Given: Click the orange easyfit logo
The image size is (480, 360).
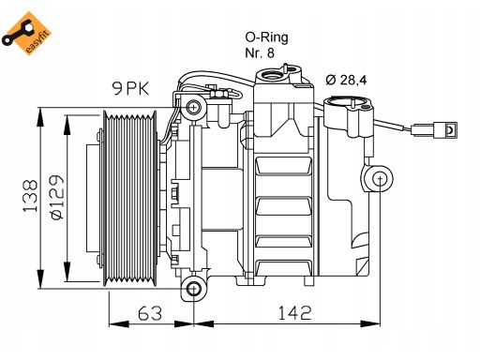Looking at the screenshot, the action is coord(26,33).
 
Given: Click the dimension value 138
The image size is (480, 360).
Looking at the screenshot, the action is coord(30,196).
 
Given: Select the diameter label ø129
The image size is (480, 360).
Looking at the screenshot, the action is coord(57,197).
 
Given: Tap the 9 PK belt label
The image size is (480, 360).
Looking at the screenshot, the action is coord(130,88).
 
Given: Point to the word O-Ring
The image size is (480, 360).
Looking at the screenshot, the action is coord(266,37).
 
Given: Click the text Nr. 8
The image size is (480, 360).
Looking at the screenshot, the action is coord(260,52).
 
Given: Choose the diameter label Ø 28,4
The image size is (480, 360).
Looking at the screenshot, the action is coord(346,80).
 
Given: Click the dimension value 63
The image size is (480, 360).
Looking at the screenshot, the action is coord(150,313).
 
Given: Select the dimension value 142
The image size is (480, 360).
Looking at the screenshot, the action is coord(294,313).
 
